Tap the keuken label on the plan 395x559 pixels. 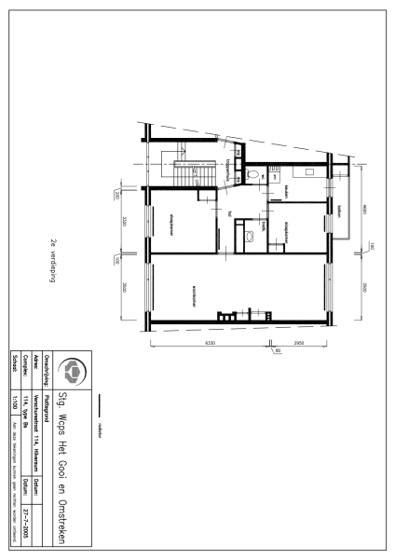[x=289, y=193]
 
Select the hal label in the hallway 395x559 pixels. [x=230, y=212]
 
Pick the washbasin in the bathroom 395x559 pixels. [x=251, y=238]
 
